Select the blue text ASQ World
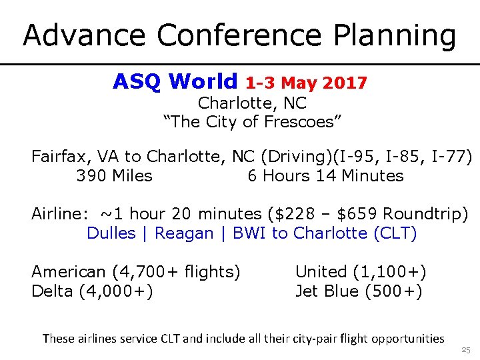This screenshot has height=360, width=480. click(175, 81)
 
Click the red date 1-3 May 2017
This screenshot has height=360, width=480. click(306, 83)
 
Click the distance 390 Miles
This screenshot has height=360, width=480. click(114, 176)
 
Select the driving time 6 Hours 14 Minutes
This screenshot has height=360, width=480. click(325, 176)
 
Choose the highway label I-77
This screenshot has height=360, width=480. click(452, 157)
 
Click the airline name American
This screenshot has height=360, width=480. click(68, 272)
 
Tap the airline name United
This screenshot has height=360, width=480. click(321, 272)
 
